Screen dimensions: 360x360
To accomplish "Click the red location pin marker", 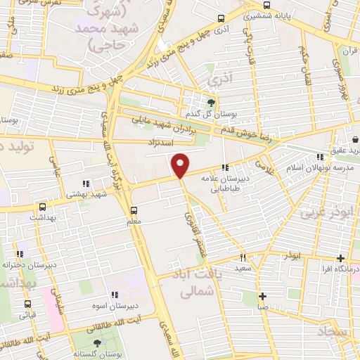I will (x=181, y=165).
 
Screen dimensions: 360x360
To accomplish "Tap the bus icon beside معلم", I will (x=134, y=210).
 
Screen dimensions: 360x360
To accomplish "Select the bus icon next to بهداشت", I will (x=43, y=207).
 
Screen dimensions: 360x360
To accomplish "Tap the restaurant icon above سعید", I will (x=243, y=257).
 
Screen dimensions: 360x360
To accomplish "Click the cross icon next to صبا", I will (x=262, y=297).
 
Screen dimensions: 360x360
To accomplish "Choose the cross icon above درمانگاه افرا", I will (x=341, y=258).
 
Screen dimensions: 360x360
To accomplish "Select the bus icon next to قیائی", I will (x=27, y=304).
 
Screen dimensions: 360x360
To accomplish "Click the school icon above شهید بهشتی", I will (x=86, y=184).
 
